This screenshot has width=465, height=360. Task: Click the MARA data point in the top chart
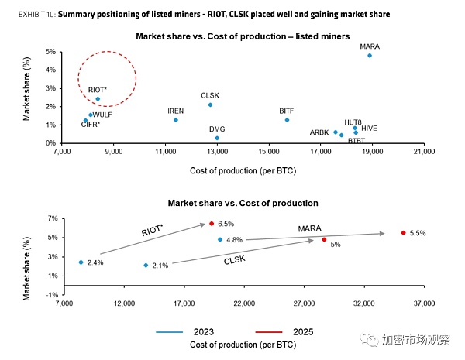point(370,56)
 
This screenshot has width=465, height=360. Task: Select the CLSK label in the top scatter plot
point(211,94)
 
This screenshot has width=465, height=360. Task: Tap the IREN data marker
point(176,120)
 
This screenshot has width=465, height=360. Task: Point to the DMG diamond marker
point(217,138)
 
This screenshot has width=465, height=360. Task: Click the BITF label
point(286,111)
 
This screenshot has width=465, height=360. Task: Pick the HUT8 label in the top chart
point(353,122)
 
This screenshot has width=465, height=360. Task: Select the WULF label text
point(102,115)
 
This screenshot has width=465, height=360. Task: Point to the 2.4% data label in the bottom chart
point(95,263)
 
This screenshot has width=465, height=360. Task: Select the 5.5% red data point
point(403,232)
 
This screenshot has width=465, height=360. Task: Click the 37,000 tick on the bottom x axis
point(424,303)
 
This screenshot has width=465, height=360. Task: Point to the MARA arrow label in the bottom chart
point(311,228)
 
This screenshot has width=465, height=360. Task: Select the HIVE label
point(369,128)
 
